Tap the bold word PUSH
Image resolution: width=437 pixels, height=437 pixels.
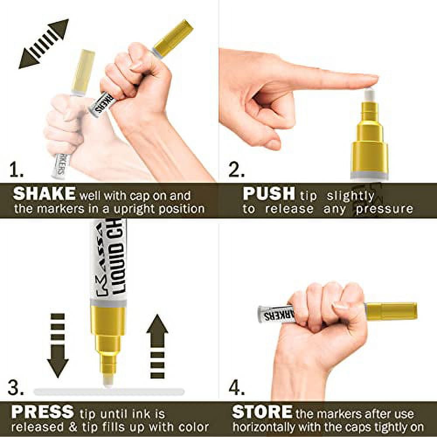(x=269, y=194)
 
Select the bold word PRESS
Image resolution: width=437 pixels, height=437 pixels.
(x=43, y=412)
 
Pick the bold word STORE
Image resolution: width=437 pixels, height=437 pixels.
(x=262, y=412)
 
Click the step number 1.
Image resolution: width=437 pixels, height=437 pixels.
(x=16, y=170)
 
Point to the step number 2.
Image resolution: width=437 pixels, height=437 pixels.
(x=236, y=170)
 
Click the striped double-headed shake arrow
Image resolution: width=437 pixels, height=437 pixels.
(x=43, y=44)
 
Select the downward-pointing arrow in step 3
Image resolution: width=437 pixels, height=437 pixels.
(x=58, y=346)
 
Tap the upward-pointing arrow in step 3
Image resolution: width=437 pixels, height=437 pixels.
(x=157, y=347)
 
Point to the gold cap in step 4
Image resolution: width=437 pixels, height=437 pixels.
(x=391, y=311)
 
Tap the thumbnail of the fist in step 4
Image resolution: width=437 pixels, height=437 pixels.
(x=340, y=307)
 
